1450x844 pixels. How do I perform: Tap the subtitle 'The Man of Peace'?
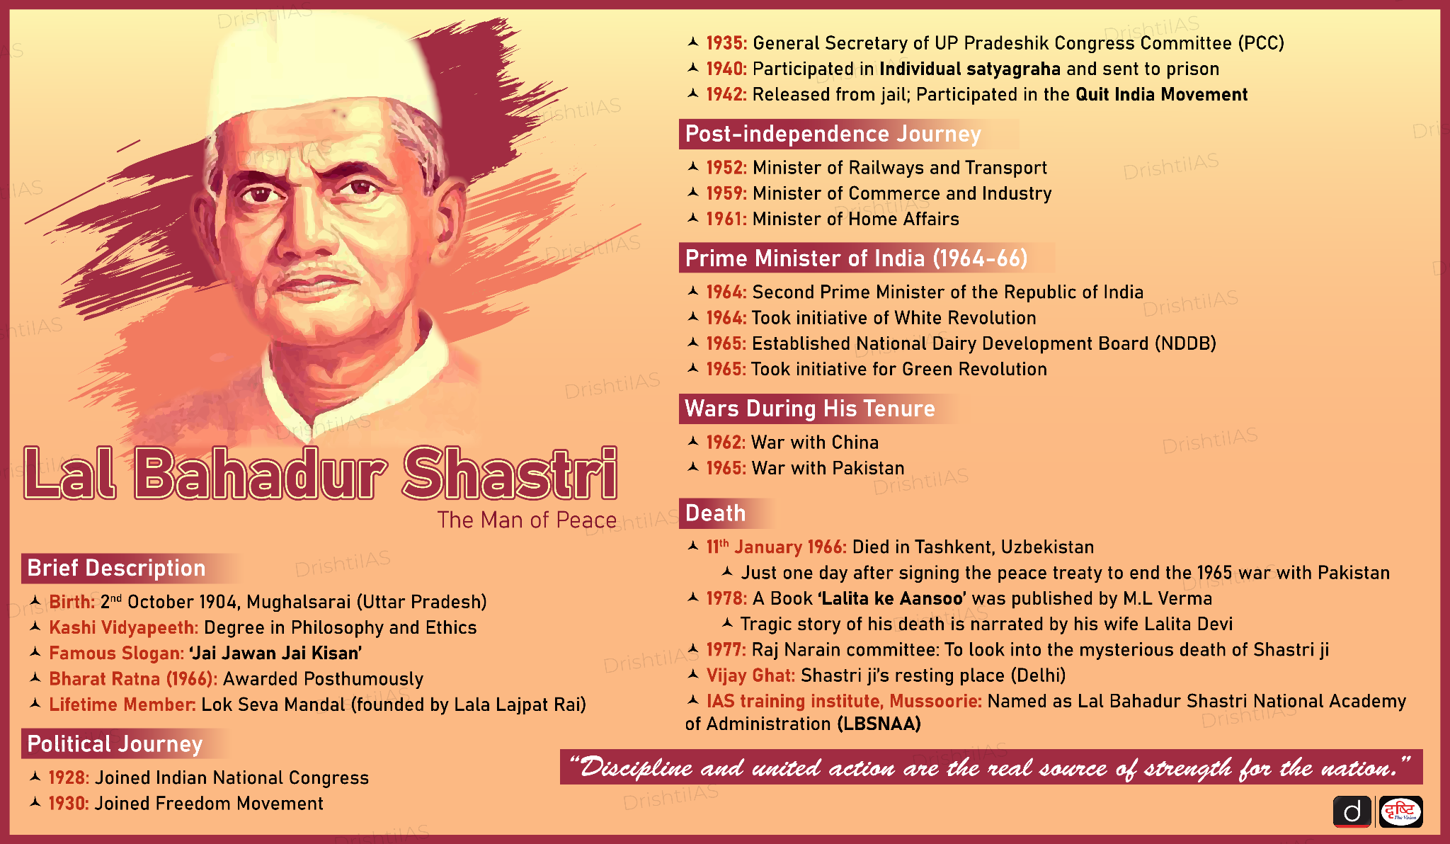527,520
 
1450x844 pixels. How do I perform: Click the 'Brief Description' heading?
116,568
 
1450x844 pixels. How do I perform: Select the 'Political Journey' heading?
115,743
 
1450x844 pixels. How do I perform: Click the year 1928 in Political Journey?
69,777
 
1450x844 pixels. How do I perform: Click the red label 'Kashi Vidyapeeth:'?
124,627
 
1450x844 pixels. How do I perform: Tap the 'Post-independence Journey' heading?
833,134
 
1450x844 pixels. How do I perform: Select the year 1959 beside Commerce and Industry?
726,193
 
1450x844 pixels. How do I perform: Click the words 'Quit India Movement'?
1161,94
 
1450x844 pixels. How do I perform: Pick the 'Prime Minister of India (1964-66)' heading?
856,258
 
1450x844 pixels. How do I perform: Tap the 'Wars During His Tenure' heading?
810,409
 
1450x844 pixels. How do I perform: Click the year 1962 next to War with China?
726,443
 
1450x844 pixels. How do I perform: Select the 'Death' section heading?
715,513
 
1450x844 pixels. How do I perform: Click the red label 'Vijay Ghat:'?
750,675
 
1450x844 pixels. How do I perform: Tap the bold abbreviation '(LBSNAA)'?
879,724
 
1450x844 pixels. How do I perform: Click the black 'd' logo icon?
1352,811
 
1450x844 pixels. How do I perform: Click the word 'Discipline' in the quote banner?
636,768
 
